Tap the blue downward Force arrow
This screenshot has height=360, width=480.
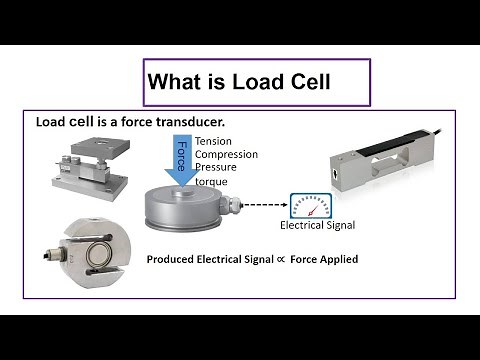coord(182,156)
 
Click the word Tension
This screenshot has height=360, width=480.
coord(215,141)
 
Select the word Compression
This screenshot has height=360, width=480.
coord(227,154)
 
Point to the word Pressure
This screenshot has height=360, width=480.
coord(217,168)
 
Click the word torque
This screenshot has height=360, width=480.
coord(212,182)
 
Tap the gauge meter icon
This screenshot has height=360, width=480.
coord(310,205)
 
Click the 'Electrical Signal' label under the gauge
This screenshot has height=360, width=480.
coord(317,226)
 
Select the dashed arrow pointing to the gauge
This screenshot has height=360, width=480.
coord(264,207)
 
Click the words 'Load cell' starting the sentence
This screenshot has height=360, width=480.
coord(65,123)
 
